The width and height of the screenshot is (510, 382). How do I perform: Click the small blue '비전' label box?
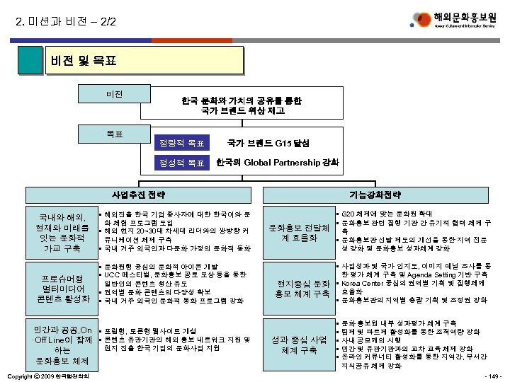pos(114,93)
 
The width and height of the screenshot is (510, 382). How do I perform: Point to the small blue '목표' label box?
pos(114,130)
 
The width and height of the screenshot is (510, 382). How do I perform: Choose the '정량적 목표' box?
pos(182,144)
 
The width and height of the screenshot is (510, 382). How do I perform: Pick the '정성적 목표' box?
pos(182,163)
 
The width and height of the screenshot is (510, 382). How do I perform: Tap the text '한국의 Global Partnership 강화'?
pos(277,163)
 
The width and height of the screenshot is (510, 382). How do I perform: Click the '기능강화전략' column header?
pos(379,194)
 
